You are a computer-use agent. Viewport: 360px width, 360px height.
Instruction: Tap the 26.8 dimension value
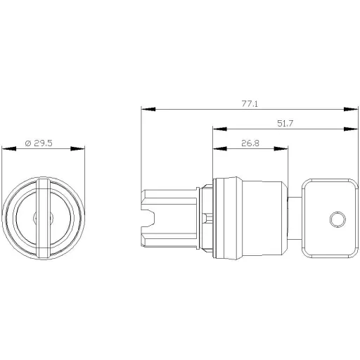tap(250, 143)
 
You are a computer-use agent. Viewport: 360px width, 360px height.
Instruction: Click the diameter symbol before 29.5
tap(27, 143)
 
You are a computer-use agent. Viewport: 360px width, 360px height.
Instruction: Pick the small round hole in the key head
tap(337, 221)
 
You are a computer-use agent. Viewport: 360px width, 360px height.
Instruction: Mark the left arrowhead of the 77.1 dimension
tap(145, 109)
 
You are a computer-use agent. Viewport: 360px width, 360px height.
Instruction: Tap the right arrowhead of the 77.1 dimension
tap(355, 109)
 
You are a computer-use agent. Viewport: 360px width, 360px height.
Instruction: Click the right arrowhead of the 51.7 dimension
tap(355, 129)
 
